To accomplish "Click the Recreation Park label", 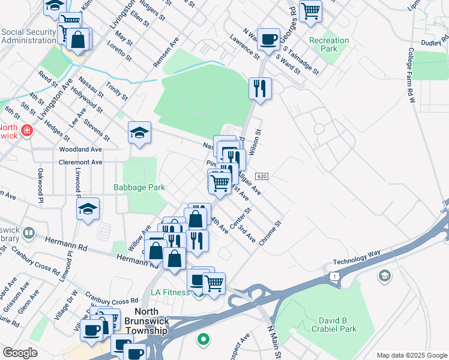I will click(x=328, y=44).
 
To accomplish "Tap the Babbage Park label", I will click(x=139, y=187).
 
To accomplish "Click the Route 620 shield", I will click(x=261, y=176).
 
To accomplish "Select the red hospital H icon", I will click(x=26, y=130).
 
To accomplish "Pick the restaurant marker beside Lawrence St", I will click(x=260, y=88).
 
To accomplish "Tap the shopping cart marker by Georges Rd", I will click(x=310, y=10).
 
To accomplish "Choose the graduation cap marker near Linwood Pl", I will click(x=88, y=209).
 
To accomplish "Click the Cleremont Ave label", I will click(x=80, y=162).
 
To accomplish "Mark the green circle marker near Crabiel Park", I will click(x=203, y=340).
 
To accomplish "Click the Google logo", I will click(x=20, y=353).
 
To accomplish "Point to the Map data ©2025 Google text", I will click(x=411, y=355).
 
